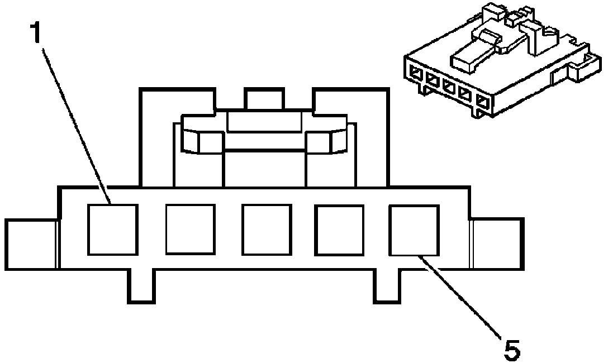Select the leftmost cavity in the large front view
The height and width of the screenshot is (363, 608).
[x=113, y=230]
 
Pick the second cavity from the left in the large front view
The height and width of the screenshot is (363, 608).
[x=190, y=230]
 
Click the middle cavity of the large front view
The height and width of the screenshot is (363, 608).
[x=267, y=230]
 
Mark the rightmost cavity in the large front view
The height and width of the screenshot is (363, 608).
[x=414, y=230]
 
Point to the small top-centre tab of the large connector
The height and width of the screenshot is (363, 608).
[x=264, y=99]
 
